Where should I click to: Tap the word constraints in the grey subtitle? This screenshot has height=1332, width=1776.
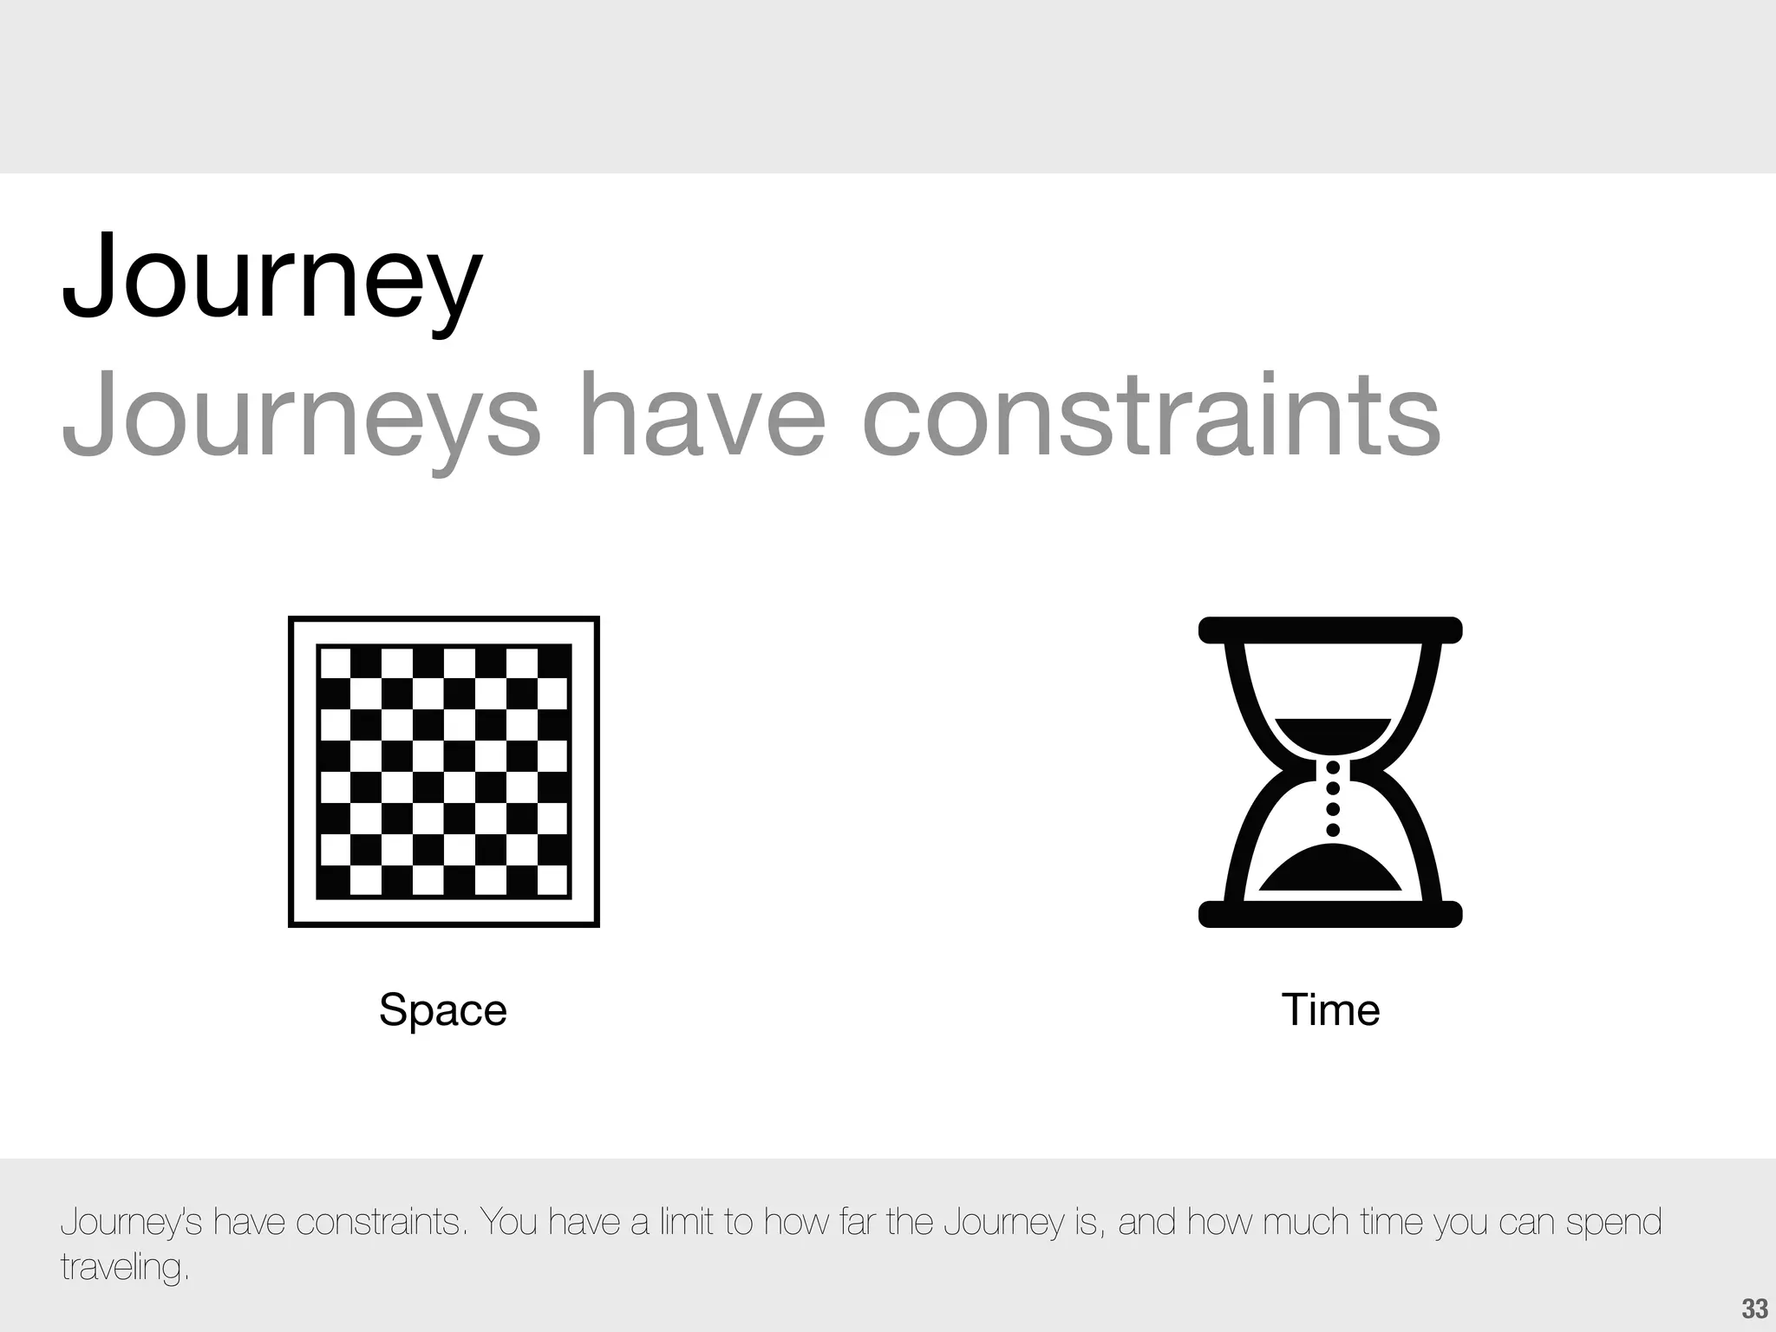(x=1151, y=415)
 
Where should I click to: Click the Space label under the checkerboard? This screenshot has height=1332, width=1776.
(x=442, y=1009)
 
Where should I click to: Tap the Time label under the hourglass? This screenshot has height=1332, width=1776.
(x=1330, y=1009)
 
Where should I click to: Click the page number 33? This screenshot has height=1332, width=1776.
(x=1754, y=1309)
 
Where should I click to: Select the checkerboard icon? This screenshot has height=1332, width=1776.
(x=443, y=772)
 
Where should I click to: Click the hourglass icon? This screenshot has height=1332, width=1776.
(x=1330, y=772)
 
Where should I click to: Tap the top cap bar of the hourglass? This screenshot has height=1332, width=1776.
(x=1330, y=630)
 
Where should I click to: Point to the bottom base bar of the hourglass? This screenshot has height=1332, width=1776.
(x=1330, y=914)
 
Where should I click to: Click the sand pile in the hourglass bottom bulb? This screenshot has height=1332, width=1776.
(x=1330, y=872)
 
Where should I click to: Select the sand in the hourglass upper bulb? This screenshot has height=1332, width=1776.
(x=1332, y=733)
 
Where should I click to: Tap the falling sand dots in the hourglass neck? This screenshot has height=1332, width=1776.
(x=1334, y=798)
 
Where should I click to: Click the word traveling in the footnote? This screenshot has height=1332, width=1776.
(x=124, y=1267)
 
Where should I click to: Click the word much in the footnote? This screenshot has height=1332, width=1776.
(x=1308, y=1222)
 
